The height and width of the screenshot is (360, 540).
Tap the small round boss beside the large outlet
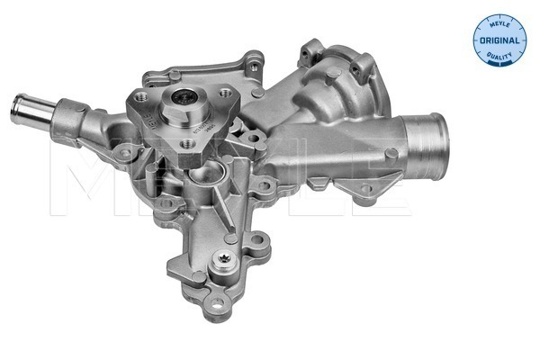tap(367, 188)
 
